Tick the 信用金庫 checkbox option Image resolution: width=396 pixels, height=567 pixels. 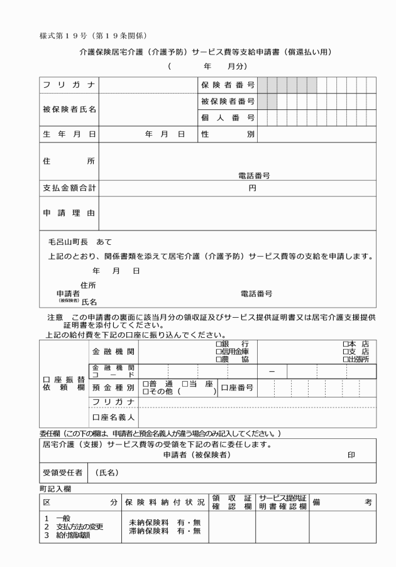[218, 352]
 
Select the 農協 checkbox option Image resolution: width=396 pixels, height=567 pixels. [218, 359]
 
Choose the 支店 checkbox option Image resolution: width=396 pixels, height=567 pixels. [345, 352]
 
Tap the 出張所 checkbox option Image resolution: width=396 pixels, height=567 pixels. [345, 359]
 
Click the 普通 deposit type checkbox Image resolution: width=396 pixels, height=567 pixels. [146, 384]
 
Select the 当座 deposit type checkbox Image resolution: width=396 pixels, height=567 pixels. [184, 384]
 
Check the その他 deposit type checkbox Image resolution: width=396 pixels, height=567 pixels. [146, 392]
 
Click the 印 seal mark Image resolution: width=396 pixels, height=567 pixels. [360, 455]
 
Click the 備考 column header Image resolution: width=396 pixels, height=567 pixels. [342, 502]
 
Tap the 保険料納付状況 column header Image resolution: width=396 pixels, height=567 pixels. [166, 502]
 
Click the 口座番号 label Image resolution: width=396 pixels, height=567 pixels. [236, 388]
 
